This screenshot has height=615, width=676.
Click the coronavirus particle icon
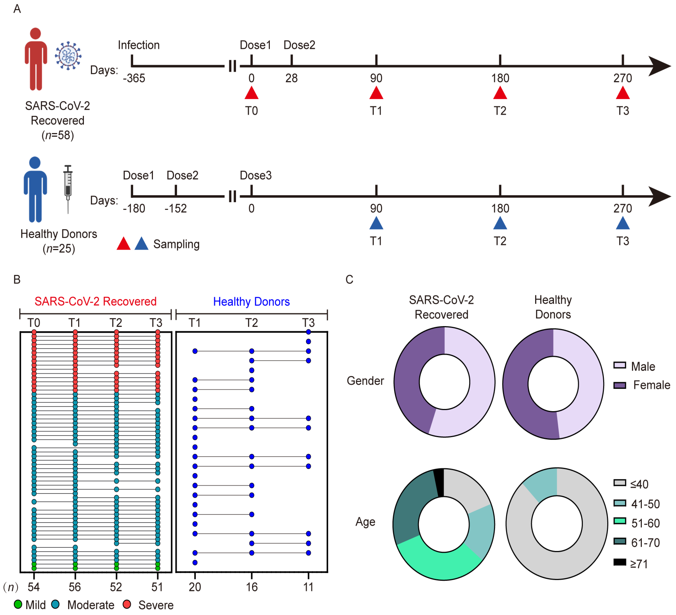point(68,56)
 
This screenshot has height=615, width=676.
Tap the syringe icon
point(68,188)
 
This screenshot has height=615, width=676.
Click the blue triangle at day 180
point(500,223)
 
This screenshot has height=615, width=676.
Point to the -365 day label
point(134,78)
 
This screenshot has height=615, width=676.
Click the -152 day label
point(175,208)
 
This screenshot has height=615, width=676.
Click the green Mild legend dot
point(18,604)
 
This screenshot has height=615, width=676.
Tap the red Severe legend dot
point(127,604)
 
